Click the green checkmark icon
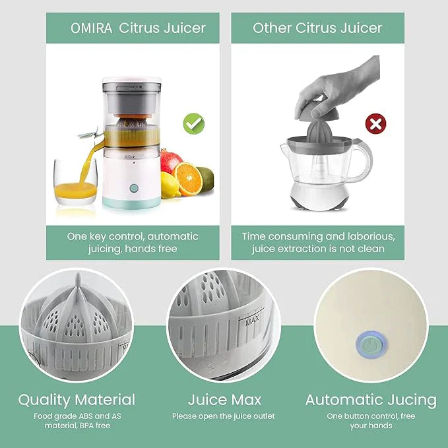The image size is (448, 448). click(x=194, y=124)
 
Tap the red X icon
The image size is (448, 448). click(x=375, y=124)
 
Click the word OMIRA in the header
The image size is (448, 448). click(x=92, y=28)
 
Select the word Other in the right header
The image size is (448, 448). click(x=272, y=28)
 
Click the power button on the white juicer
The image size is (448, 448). click(x=134, y=188)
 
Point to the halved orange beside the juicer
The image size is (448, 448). click(x=187, y=179)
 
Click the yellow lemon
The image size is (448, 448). click(x=170, y=185)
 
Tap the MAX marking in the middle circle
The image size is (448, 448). click(x=252, y=319)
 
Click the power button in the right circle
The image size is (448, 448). click(x=371, y=344)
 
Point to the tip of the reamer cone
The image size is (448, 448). click(x=78, y=274)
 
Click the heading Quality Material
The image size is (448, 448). click(x=77, y=400)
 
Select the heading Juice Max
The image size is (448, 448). click(x=224, y=399)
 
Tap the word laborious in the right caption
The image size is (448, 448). click(x=371, y=237)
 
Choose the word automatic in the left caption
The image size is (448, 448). click(x=173, y=237)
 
